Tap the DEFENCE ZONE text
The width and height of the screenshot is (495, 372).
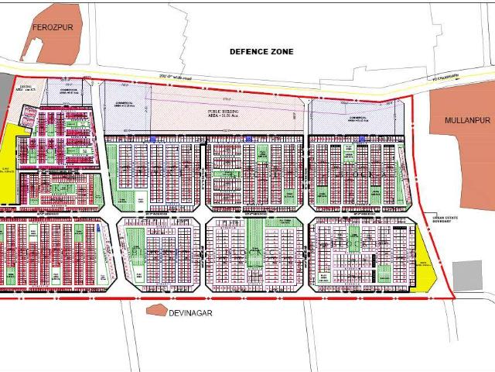click(x=261, y=51)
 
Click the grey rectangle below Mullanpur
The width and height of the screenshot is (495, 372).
click(x=467, y=275)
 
